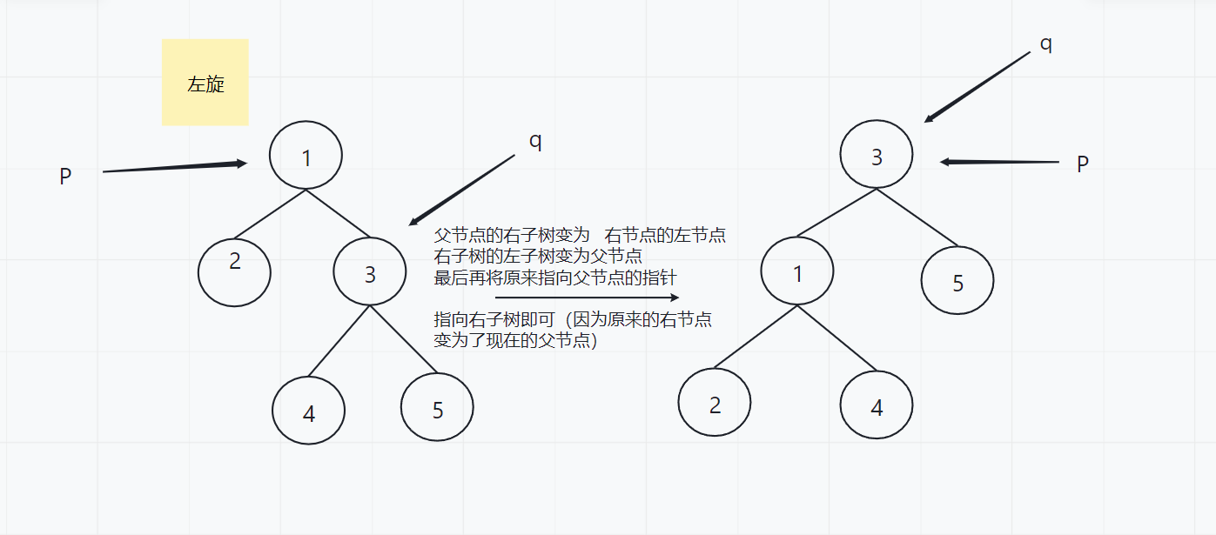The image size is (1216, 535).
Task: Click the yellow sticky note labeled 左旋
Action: [205, 83]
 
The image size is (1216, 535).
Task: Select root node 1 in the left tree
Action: [306, 157]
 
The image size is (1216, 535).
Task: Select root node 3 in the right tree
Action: [877, 156]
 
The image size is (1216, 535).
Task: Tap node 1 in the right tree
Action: [797, 271]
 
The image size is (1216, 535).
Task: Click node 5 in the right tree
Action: [957, 280]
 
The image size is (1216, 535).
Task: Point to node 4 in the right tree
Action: [877, 405]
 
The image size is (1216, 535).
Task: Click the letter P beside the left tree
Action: [65, 177]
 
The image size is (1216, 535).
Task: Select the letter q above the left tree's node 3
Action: [535, 141]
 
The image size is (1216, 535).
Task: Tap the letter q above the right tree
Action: [1046, 43]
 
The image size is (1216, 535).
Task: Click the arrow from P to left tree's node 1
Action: [174, 167]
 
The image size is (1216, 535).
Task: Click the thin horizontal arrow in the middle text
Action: [587, 298]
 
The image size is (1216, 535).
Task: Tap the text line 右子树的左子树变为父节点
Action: [539, 257]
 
